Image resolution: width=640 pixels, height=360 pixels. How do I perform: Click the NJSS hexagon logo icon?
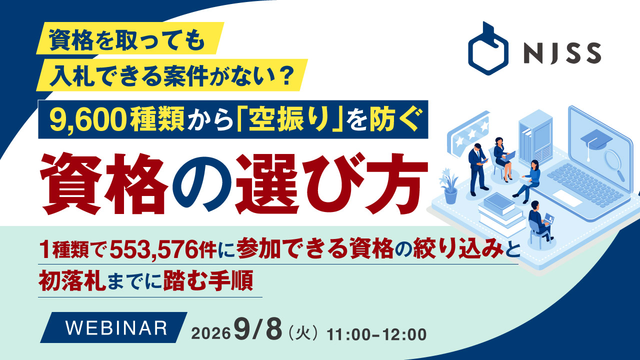point(488,48)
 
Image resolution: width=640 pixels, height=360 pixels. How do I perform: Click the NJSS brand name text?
point(563,53)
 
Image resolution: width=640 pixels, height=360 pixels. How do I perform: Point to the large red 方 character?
point(396,183)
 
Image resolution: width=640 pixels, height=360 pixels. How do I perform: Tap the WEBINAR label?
point(116,327)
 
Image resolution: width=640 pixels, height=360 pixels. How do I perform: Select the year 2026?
point(211,333)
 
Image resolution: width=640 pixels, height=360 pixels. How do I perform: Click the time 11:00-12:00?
point(376,334)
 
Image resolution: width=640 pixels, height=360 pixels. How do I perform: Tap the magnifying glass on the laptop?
point(613,164)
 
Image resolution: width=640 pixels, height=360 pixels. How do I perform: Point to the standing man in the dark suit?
point(476,169)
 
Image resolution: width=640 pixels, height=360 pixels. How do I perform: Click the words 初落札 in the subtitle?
point(72,280)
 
